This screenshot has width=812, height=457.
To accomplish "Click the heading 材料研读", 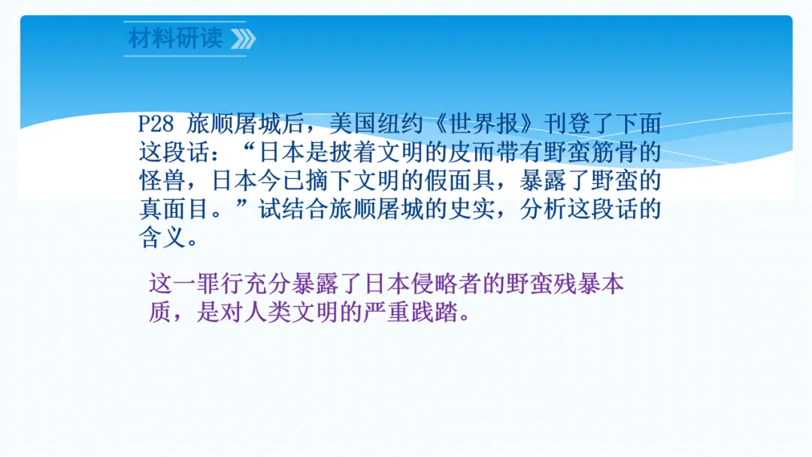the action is pyautogui.click(x=175, y=38).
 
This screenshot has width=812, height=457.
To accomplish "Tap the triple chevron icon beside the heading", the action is pyautogui.click(x=243, y=39).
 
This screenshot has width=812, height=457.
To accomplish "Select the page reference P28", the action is pyautogui.click(x=156, y=124).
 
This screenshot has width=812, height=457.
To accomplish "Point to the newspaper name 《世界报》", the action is pyautogui.click(x=484, y=124).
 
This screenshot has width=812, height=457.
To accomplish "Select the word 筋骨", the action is pyautogui.click(x=615, y=153).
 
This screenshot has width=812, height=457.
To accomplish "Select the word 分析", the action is pyautogui.click(x=544, y=210).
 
